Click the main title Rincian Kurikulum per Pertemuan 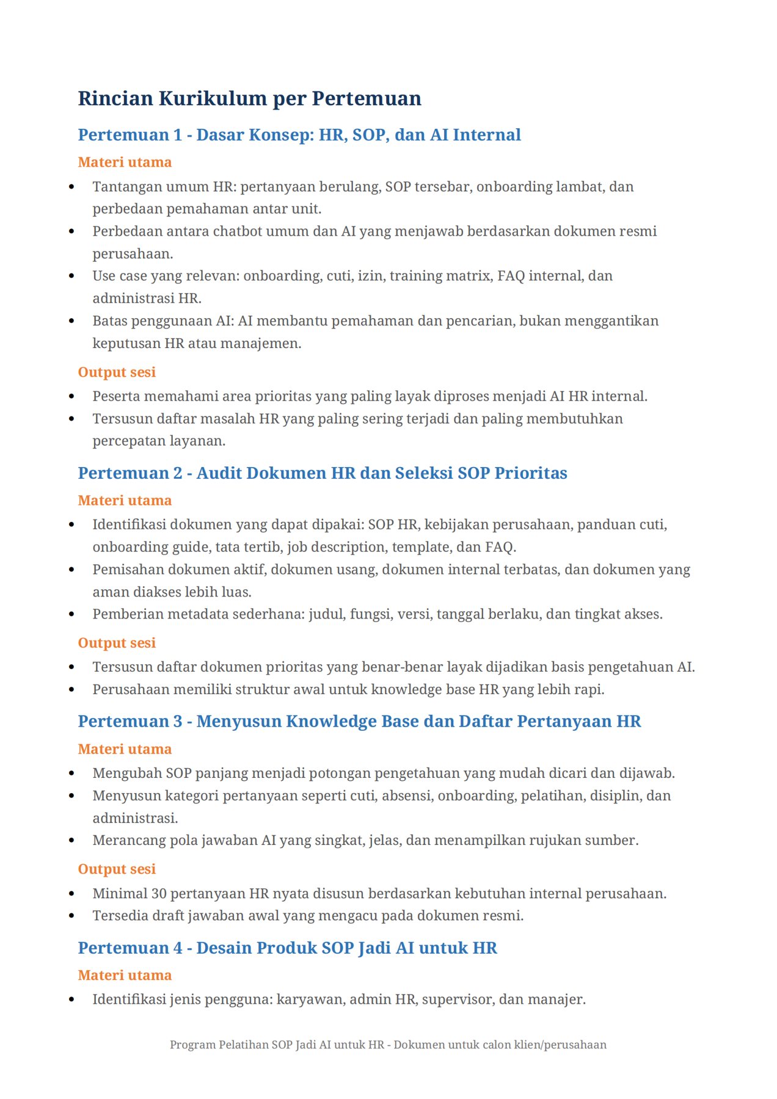(x=249, y=98)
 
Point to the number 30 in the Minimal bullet (x=159, y=894)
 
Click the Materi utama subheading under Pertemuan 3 (x=125, y=749)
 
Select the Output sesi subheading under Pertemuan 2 (x=117, y=643)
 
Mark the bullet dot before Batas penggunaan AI (x=72, y=321)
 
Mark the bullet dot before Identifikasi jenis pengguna (x=72, y=1000)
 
